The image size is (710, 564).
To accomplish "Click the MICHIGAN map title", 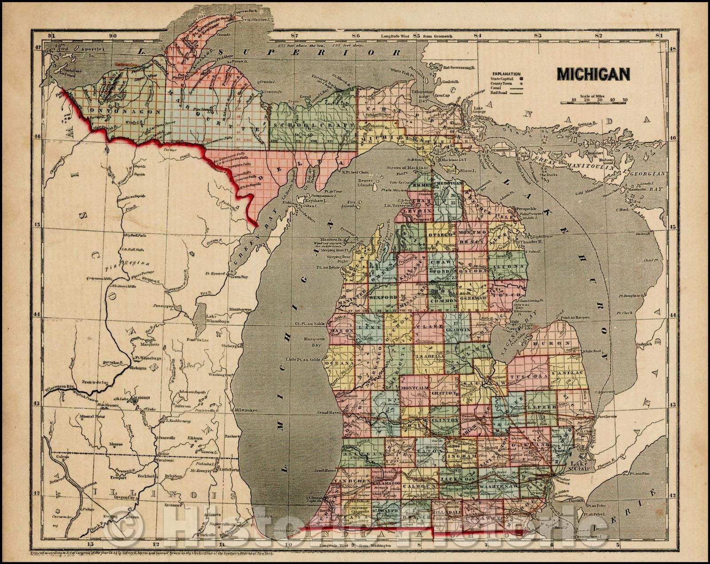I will [593, 74].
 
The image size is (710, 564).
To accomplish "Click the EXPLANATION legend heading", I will [505, 74].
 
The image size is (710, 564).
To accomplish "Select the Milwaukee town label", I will [247, 410].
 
